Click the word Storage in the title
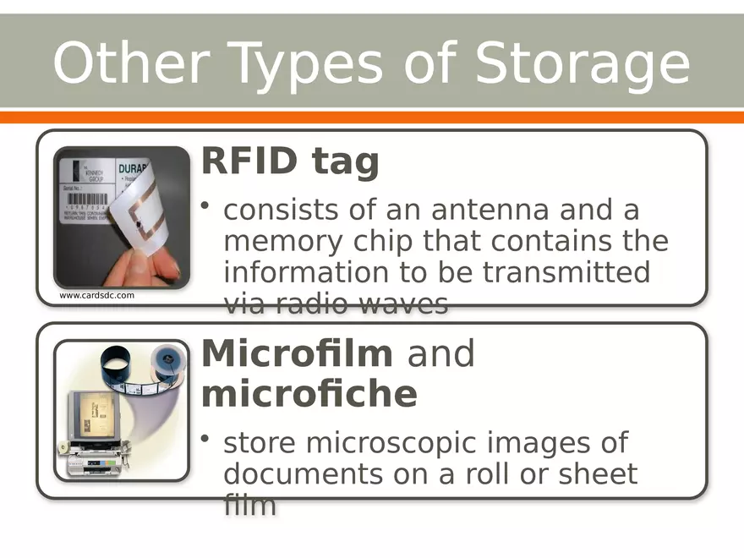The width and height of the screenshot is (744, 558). click(583, 64)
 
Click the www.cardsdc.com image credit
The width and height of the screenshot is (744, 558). click(97, 296)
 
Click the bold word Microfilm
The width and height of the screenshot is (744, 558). click(297, 353)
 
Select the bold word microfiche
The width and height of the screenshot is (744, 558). click(309, 394)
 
